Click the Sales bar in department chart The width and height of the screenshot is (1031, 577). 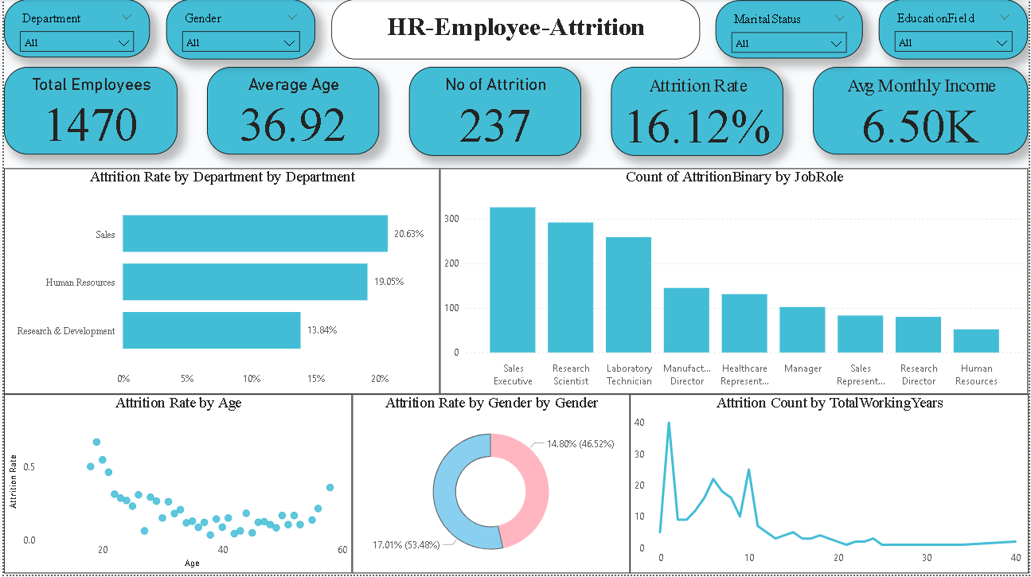pyautogui.click(x=255, y=234)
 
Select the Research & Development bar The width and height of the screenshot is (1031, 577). pyautogui.click(x=211, y=330)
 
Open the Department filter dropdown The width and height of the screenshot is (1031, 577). pyautogui.click(x=76, y=43)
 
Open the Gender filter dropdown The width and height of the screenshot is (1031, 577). pyautogui.click(x=240, y=43)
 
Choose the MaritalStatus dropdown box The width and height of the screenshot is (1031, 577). pyautogui.click(x=789, y=43)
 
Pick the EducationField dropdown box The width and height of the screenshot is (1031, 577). pyautogui.click(x=952, y=43)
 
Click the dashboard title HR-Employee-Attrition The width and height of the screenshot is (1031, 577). pyautogui.click(x=515, y=28)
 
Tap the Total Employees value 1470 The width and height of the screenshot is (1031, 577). pyautogui.click(x=91, y=125)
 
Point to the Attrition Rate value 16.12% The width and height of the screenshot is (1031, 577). pyautogui.click(x=697, y=127)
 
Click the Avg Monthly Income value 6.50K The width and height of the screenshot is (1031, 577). pyautogui.click(x=920, y=127)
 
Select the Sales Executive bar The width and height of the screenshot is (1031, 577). pyautogui.click(x=512, y=279)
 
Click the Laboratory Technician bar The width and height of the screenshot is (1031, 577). pyautogui.click(x=628, y=294)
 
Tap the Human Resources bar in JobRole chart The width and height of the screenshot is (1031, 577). pyautogui.click(x=976, y=341)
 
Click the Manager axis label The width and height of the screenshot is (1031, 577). pyautogui.click(x=802, y=368)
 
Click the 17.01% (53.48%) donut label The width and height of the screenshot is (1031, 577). pyautogui.click(x=410, y=545)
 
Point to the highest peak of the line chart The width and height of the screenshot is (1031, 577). pyautogui.click(x=669, y=423)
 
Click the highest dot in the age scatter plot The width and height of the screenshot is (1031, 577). pyautogui.click(x=96, y=442)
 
